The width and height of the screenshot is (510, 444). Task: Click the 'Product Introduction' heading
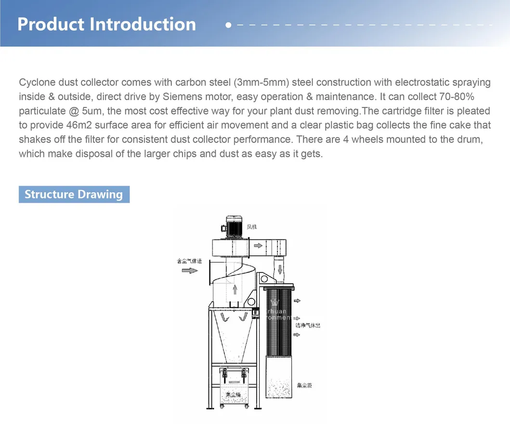click(x=106, y=24)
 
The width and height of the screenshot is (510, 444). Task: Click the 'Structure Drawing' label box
click(x=74, y=195)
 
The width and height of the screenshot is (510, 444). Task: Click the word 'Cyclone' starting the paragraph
click(x=37, y=82)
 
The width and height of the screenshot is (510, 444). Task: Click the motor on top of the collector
click(x=234, y=227)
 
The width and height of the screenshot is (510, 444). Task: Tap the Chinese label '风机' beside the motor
click(x=252, y=226)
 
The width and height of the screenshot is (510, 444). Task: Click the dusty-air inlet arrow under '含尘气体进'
click(x=191, y=271)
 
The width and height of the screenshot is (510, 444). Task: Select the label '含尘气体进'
click(x=189, y=261)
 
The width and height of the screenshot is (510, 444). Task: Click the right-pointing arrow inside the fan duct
click(x=258, y=246)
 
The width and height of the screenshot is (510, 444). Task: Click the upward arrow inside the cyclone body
click(x=235, y=289)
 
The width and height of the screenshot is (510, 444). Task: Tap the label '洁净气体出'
click(x=308, y=326)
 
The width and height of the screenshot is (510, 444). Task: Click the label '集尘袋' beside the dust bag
click(x=304, y=386)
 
